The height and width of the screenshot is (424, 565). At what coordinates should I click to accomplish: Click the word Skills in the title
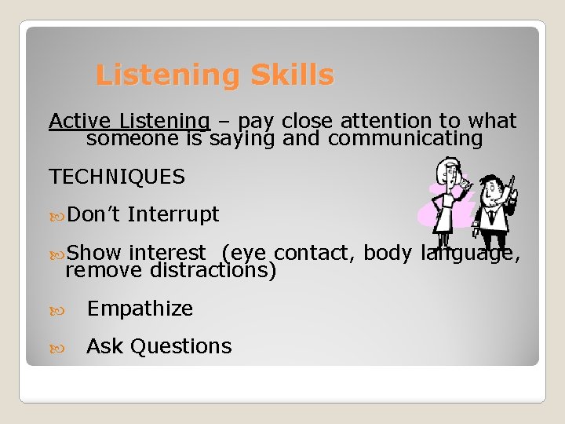click(292, 75)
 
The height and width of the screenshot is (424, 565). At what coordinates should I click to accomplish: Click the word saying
click(242, 140)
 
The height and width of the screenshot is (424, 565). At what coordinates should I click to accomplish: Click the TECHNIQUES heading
click(117, 177)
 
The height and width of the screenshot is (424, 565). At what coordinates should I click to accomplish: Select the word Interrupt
click(173, 214)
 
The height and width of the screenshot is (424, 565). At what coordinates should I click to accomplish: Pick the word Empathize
click(140, 309)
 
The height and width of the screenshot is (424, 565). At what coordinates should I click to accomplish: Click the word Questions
click(183, 346)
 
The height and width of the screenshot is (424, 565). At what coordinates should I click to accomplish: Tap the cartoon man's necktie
click(492, 217)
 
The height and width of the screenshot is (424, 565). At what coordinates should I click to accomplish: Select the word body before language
click(389, 253)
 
